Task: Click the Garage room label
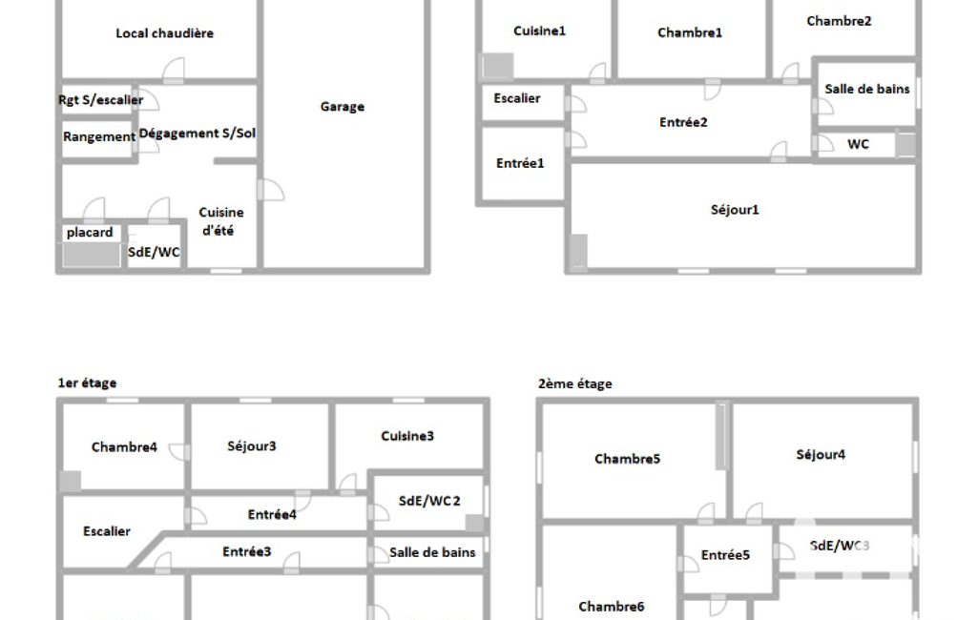[x=343, y=107]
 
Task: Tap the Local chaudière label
[x=165, y=33]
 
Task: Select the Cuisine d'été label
[x=220, y=221]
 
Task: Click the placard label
[x=90, y=233]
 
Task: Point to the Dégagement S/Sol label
[x=198, y=133]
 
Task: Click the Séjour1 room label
[x=735, y=210]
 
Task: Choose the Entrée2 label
[x=683, y=122]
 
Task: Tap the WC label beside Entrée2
[x=858, y=144]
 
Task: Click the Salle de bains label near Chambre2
[x=867, y=90]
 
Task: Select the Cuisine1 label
[x=539, y=31]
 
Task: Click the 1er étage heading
[x=88, y=383]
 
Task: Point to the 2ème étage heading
[x=575, y=383]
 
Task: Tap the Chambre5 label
[x=628, y=459]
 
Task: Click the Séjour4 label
[x=821, y=455]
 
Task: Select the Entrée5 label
[x=725, y=555]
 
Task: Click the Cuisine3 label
[x=407, y=436]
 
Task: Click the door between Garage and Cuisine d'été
[x=271, y=190]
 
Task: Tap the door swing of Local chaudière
[x=174, y=70]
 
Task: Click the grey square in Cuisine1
[x=496, y=66]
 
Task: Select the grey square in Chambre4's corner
[x=70, y=482]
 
